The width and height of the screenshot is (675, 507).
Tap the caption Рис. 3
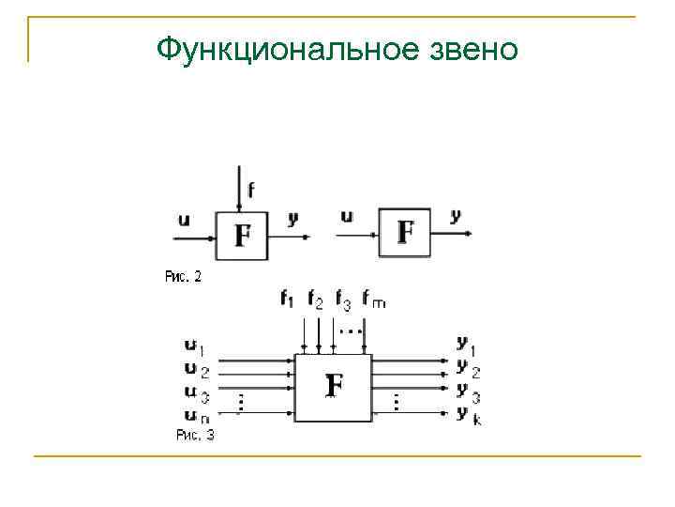pos(195,435)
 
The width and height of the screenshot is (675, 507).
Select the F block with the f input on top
pos(242,234)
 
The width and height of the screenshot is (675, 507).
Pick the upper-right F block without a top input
pos(405,232)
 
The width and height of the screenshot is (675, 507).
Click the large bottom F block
pos(333,386)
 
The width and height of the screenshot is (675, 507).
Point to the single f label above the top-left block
pos(250,191)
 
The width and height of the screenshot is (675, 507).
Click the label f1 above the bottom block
pos(287,300)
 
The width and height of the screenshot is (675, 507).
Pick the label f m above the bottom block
pos(374,300)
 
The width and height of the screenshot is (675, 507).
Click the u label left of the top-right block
pos(347,217)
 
